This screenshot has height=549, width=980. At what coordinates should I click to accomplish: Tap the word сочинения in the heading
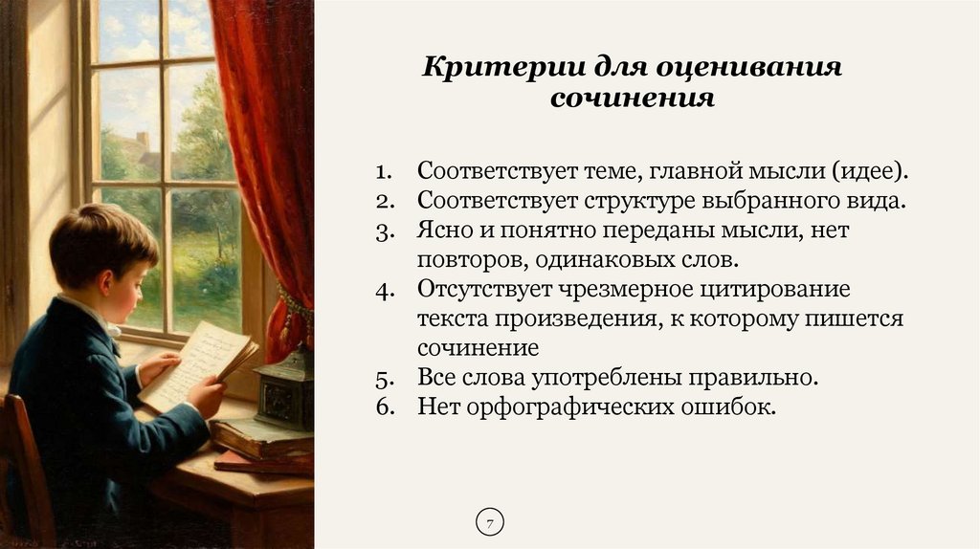(x=632, y=99)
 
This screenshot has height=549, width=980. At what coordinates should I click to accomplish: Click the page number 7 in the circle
(x=489, y=523)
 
